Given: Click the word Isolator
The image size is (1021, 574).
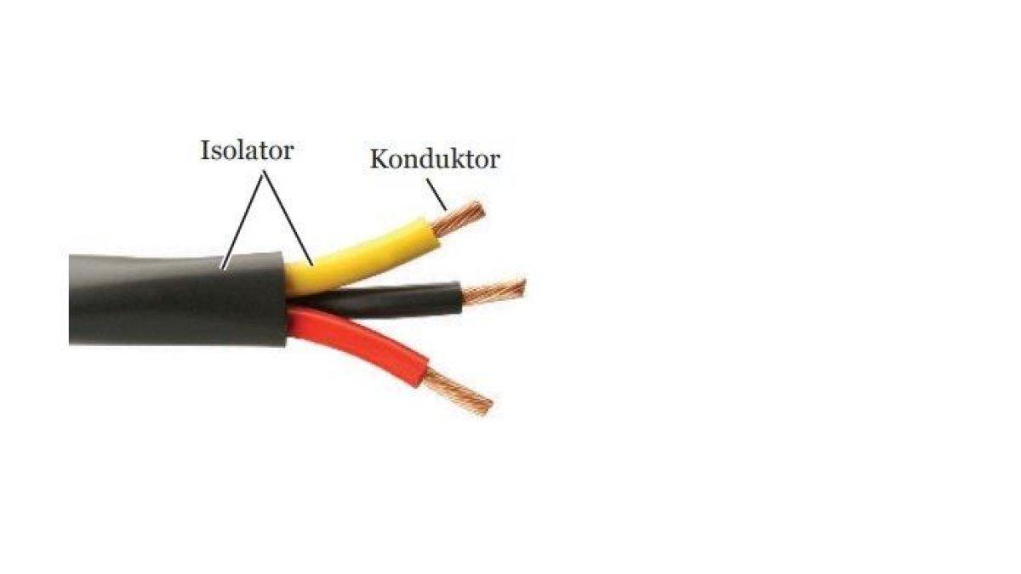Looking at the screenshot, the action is pos(247,151).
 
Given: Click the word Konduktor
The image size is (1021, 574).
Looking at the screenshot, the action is pos(435,160).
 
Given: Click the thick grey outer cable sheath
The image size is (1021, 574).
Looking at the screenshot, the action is pos(178,298).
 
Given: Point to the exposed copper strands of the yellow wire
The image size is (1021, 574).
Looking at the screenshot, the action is pos(458,219).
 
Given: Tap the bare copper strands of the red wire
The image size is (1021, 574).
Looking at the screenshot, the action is pos(459,392).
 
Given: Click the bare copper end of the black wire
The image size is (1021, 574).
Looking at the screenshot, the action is pos(494,292).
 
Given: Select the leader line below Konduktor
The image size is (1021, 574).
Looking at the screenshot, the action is pos(436,195).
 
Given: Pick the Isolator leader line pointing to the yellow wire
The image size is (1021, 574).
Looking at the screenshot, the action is pos(288,219).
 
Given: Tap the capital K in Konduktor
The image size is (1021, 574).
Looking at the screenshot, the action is pos(379,159).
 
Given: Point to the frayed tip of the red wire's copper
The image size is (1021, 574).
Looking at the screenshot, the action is pos(488,407).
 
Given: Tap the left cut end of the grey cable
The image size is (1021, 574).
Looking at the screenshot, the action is pos(70,299).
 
